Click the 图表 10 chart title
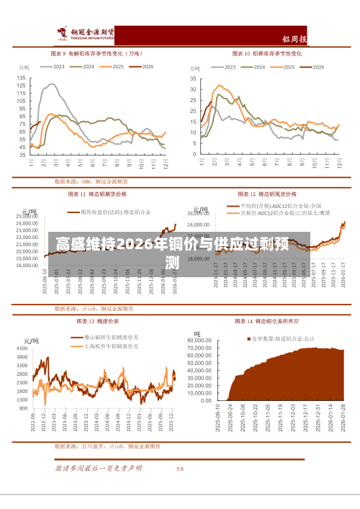pos(266,53)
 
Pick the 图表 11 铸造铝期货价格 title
pos(97,194)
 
